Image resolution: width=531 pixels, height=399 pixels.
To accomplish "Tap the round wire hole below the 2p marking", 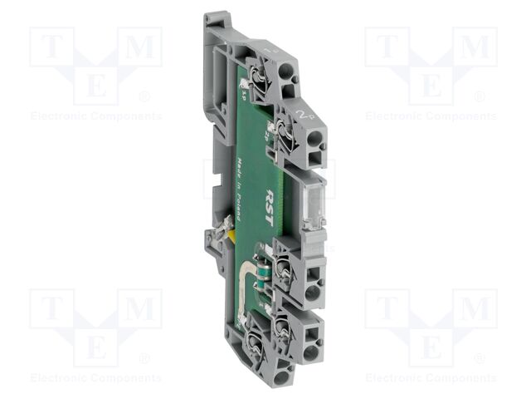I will tap(313, 135).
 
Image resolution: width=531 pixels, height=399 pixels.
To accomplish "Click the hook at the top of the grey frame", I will tap(214, 18).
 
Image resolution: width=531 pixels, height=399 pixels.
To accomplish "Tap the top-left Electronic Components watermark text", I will tap(95, 116).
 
